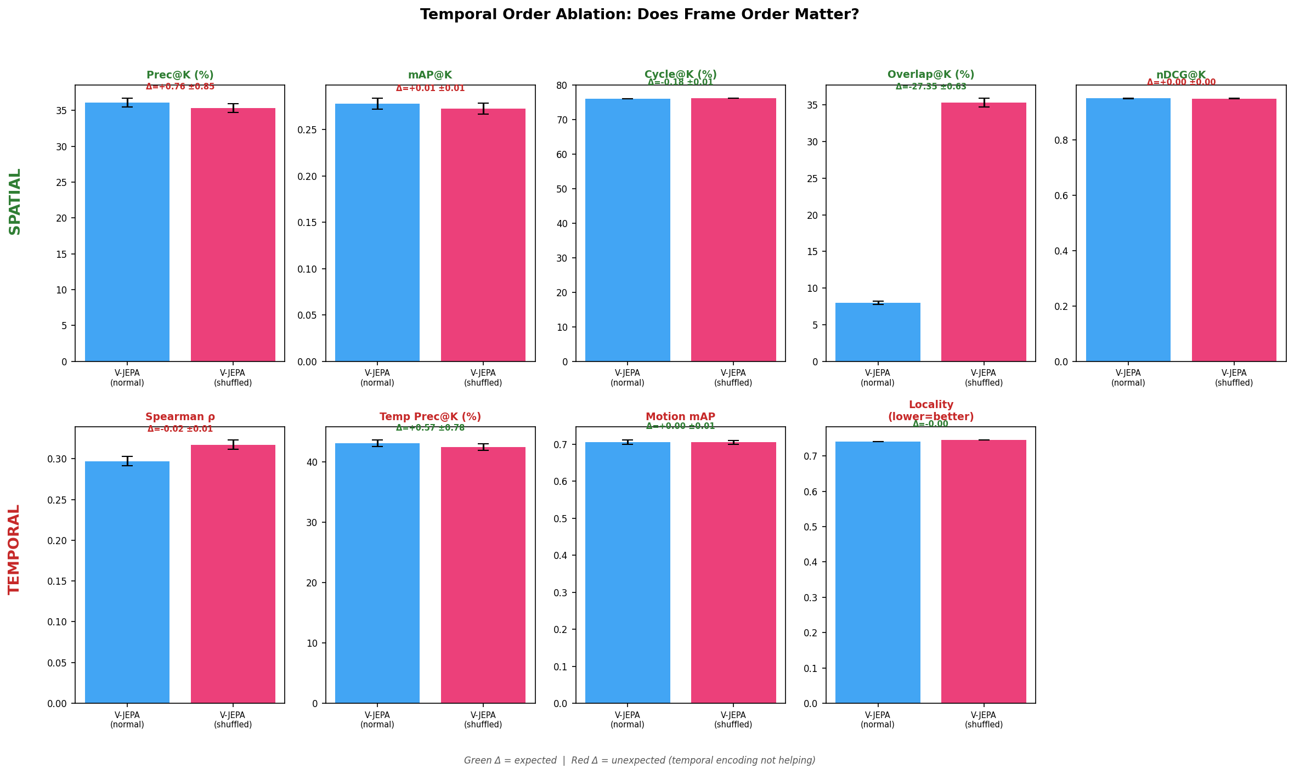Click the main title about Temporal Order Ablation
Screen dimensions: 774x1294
click(639, 15)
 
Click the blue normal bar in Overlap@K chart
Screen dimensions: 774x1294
click(877, 332)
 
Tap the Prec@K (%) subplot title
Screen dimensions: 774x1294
click(180, 75)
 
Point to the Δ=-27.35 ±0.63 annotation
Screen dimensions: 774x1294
click(931, 87)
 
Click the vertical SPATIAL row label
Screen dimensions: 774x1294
click(15, 201)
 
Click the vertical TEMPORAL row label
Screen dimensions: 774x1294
click(14, 549)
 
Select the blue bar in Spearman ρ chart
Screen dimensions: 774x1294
click(127, 581)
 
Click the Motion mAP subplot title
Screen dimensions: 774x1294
click(680, 417)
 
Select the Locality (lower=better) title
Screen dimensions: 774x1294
click(931, 411)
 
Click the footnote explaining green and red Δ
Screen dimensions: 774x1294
click(640, 760)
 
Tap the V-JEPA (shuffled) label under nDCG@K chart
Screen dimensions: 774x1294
click(1234, 377)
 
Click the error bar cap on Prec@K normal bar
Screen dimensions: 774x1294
click(127, 99)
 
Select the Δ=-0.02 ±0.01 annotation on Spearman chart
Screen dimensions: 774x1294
click(180, 429)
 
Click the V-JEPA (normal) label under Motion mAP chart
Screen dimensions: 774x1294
click(627, 719)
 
